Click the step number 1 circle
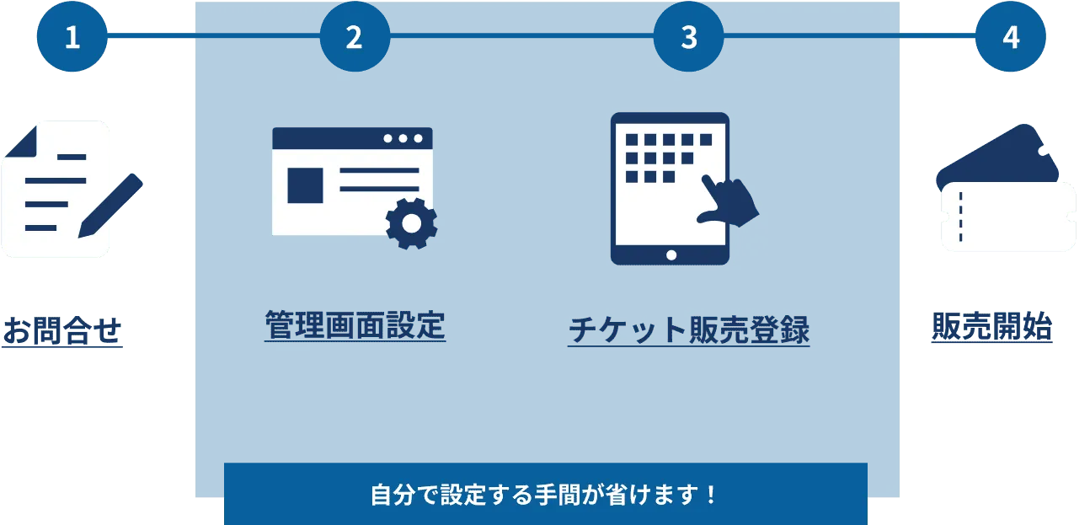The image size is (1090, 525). point(72,38)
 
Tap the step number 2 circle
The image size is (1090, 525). point(354,38)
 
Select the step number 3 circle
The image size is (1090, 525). point(689,38)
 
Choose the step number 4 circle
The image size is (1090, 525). point(1010,38)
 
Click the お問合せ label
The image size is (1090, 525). point(63,330)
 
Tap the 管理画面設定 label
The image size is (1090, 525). point(355,325)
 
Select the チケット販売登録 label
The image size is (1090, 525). point(688,329)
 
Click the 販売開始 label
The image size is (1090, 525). point(992,326)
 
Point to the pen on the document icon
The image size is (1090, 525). point(110,205)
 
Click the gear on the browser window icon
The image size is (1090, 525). point(411,222)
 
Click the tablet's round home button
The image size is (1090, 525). point(671,254)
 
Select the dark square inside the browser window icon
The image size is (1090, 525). point(305,185)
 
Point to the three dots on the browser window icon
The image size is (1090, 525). point(403,138)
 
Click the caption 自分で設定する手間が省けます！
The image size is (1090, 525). point(545,495)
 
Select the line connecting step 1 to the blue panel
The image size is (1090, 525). point(152,37)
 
